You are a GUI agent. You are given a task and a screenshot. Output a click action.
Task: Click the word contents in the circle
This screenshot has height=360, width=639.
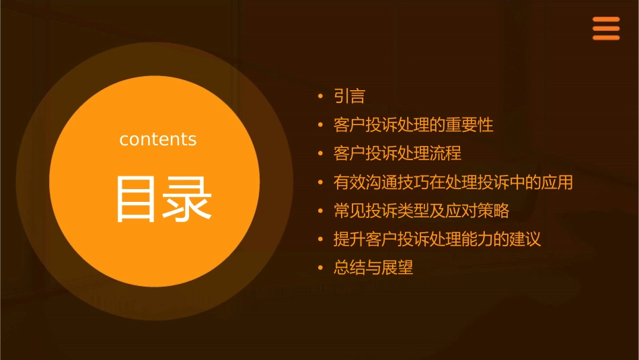tap(158, 139)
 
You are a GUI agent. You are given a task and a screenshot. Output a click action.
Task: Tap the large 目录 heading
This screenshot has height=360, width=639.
tap(164, 199)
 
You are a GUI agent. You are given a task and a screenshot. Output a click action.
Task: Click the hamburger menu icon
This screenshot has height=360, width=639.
tap(605, 29)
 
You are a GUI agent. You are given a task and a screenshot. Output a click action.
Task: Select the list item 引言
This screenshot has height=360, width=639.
tap(350, 96)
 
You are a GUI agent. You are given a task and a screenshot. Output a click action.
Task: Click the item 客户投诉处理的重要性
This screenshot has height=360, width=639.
tap(414, 125)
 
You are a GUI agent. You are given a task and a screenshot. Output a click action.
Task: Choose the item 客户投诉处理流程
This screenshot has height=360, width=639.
tap(398, 153)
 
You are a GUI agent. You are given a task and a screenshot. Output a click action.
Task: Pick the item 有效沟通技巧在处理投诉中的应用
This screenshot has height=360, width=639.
tap(453, 182)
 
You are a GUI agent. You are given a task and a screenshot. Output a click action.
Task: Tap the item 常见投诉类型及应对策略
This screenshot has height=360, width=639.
tap(422, 211)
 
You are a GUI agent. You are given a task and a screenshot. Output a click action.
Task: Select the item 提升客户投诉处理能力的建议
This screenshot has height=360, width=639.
tap(437, 239)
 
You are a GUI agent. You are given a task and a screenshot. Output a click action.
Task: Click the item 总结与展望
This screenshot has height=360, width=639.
tap(373, 268)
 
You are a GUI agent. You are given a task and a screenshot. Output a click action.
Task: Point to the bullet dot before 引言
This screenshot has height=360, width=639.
tap(321, 97)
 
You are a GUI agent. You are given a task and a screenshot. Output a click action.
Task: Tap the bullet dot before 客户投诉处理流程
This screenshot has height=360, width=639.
tap(321, 154)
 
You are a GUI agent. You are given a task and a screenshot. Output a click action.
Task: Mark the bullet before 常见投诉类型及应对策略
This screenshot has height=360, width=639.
tap(321, 211)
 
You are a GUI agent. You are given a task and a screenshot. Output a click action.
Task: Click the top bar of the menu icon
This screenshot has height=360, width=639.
tap(605, 20)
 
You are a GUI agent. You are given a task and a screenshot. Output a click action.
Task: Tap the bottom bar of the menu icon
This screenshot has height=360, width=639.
tap(605, 38)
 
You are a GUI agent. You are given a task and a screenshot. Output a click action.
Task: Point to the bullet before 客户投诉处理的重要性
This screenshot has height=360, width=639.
tap(321, 126)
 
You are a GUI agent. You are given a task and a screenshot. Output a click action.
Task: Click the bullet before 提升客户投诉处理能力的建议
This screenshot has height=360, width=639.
tap(321, 240)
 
